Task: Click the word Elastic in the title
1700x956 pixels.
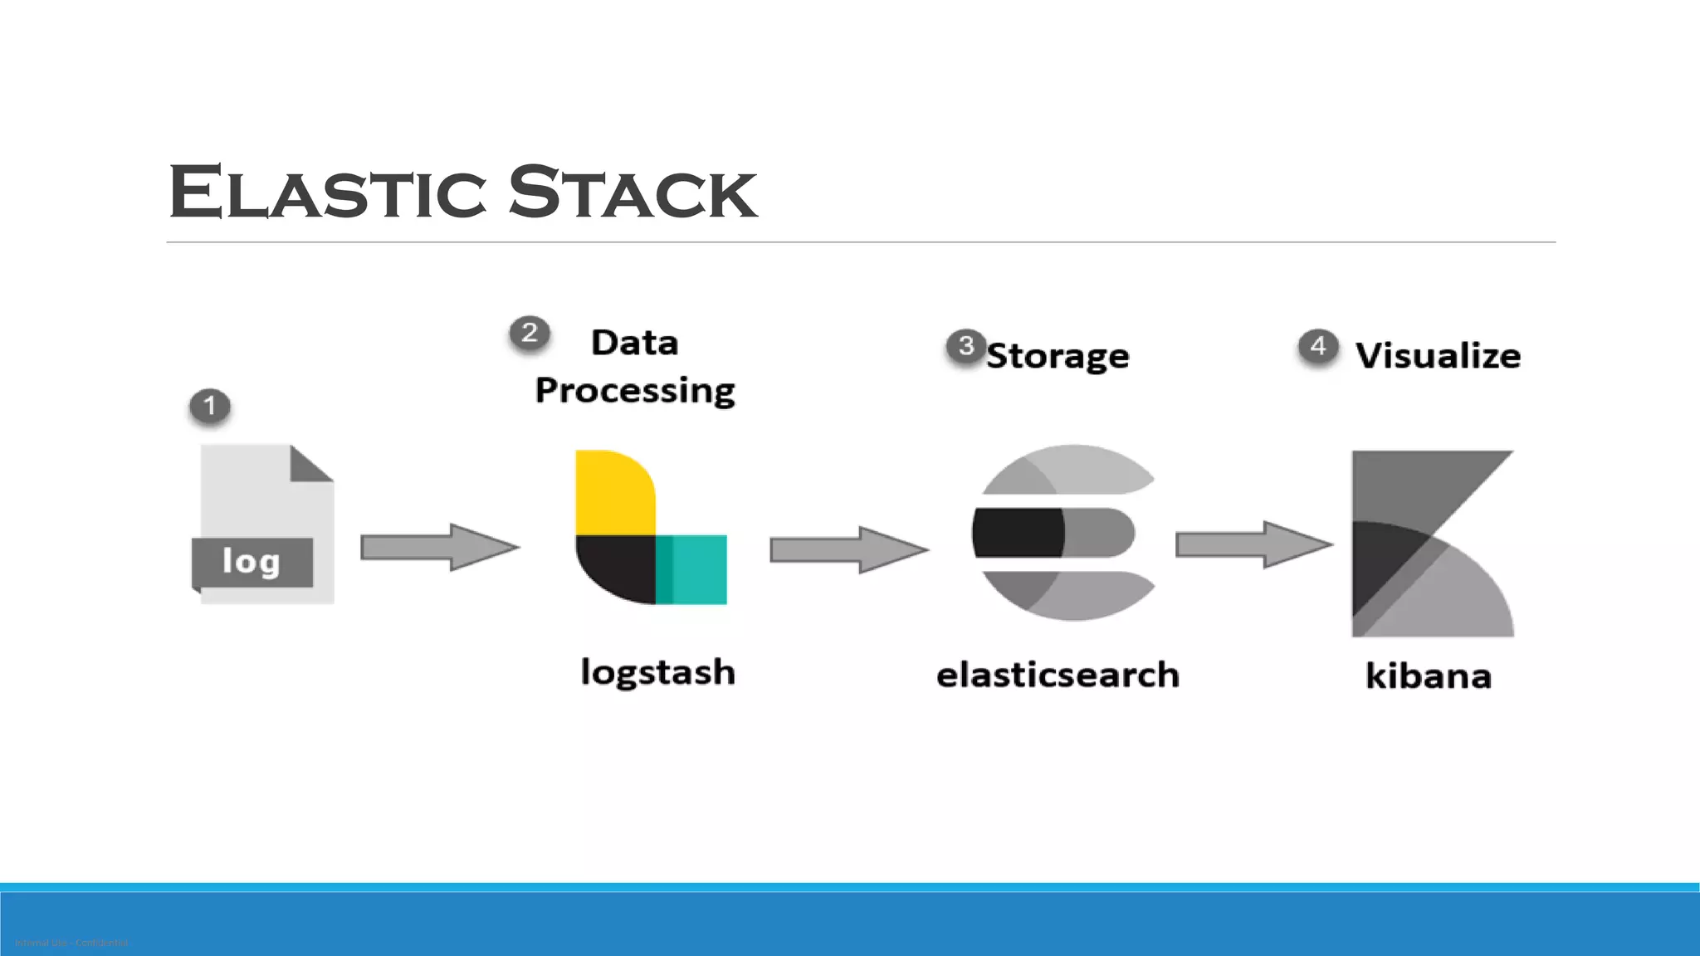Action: (x=327, y=193)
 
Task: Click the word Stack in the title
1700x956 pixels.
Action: (x=633, y=193)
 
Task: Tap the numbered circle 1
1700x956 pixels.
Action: (x=209, y=406)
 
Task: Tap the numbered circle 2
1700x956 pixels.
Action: (x=529, y=333)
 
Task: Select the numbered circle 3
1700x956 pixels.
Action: (x=965, y=345)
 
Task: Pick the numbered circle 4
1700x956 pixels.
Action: (x=1318, y=346)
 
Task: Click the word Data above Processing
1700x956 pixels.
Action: (x=634, y=343)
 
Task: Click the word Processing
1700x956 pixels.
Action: (x=635, y=390)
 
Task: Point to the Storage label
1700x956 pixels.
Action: (x=1058, y=356)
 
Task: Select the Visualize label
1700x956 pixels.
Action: (x=1438, y=356)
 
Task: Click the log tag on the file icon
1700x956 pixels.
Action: (x=252, y=562)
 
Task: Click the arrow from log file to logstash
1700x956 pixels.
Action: (x=440, y=547)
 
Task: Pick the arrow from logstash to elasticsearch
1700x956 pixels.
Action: (x=848, y=549)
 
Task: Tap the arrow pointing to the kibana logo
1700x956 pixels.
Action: (x=1253, y=544)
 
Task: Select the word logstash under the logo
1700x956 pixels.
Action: (x=657, y=672)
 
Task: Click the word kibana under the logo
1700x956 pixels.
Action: (x=1428, y=676)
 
